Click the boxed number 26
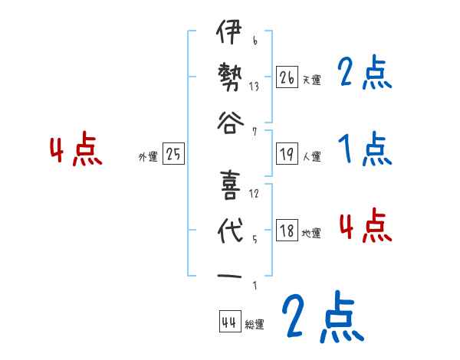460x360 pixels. point(287,77)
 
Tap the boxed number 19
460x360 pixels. point(287,155)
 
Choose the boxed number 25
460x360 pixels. point(173,155)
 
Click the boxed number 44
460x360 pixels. point(228,322)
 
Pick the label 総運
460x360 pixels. point(255,325)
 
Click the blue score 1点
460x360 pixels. point(364,149)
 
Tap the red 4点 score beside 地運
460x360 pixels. point(365,227)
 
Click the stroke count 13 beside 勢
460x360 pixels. point(254,87)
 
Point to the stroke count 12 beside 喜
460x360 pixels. point(254,194)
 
